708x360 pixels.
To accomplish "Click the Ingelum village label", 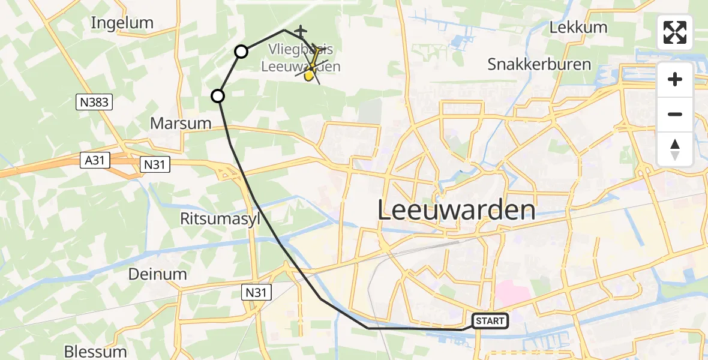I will [122, 23].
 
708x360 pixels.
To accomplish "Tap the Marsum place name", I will [181, 124].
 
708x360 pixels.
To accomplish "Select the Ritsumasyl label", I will [220, 219].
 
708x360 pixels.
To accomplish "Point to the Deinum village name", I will [157, 274].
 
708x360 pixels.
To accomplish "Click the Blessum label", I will [95, 351].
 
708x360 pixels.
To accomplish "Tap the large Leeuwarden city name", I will [457, 210].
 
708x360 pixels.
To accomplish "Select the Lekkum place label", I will [578, 27].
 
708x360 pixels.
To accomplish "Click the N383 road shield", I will [95, 103].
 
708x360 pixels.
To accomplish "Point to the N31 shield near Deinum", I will [257, 292].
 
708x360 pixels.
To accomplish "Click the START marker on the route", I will [490, 321].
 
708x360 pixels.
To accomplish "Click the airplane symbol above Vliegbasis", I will [300, 30].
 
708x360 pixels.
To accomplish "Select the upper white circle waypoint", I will [241, 52].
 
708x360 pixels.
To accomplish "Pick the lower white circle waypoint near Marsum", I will [218, 95].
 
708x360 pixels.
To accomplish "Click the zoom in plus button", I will [675, 80].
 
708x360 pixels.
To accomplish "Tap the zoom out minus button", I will [675, 114].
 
